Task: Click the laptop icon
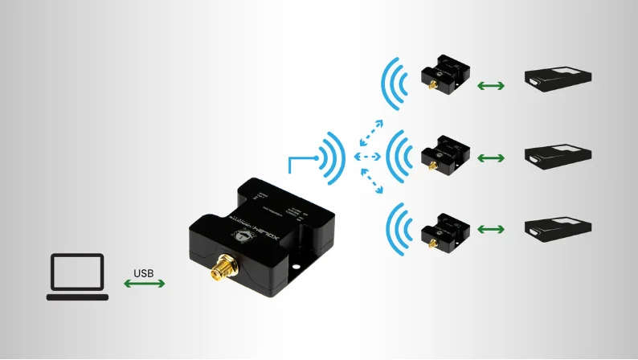(77, 276)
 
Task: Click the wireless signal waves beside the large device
(331, 153)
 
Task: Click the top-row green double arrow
(490, 84)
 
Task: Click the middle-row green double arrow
(490, 157)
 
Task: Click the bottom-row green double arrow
(490, 231)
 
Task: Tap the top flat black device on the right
(559, 78)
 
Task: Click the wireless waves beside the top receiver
(396, 84)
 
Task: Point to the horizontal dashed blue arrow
(369, 155)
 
